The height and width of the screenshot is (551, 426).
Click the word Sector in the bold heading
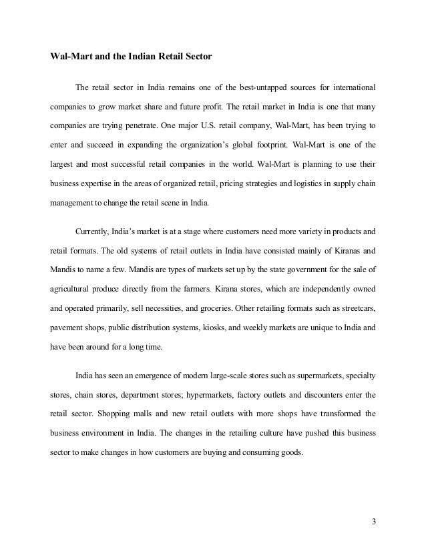(x=197, y=56)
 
